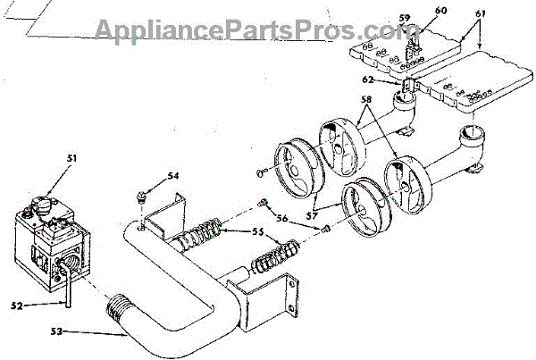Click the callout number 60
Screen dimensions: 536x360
440,10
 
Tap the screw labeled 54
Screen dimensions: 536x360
141,195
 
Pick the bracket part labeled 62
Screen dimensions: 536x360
408,87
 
